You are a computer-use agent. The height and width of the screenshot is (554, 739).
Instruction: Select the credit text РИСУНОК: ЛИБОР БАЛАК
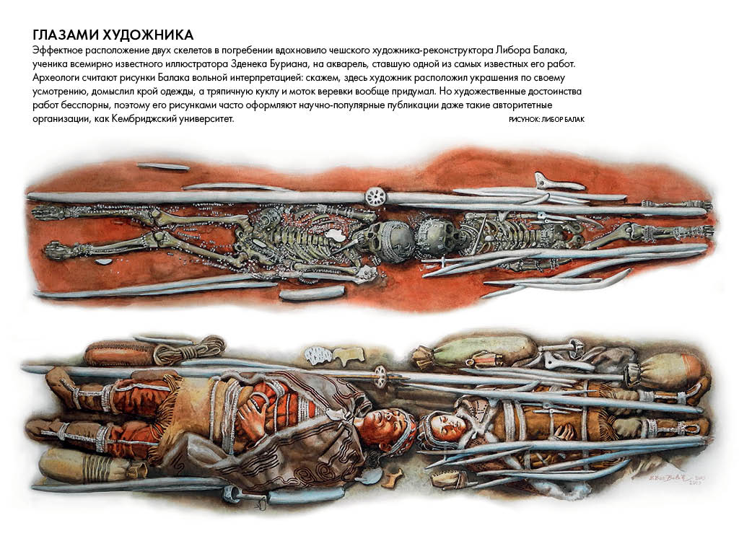(546, 120)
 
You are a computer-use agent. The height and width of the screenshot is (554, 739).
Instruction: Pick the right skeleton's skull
(435, 237)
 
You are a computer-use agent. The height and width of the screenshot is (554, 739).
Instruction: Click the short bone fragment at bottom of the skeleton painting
(302, 293)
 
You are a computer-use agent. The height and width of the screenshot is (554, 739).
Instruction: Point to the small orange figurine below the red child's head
(393, 478)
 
